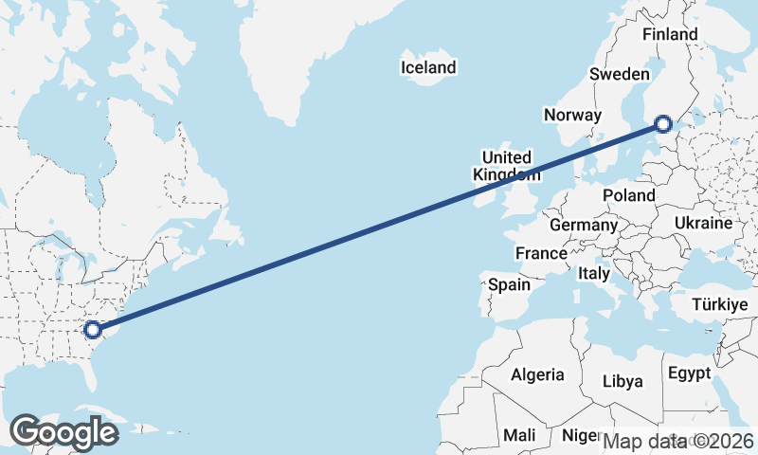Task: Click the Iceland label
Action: point(428,67)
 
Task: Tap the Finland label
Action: point(669,34)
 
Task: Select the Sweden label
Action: point(619,74)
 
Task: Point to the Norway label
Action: point(572,115)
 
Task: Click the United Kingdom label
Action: point(507,166)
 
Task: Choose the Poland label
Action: point(629,194)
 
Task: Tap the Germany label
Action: point(583,226)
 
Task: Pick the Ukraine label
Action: point(703,223)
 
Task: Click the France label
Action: point(541,253)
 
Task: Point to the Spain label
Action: point(509,283)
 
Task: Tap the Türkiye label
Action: point(720,304)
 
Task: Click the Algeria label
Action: point(537,374)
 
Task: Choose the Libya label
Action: point(623,381)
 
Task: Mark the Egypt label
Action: point(689,373)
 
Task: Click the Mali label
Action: point(519,434)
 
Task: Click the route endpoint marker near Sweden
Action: point(663,123)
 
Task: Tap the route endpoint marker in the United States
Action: point(92,330)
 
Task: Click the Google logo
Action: point(63,431)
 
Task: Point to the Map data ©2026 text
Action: point(678,440)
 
